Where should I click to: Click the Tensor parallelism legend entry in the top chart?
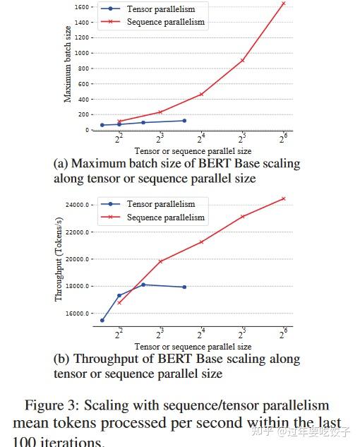coord(160,9)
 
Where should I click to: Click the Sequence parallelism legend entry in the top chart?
coord(165,22)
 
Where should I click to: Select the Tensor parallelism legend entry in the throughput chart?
coord(160,205)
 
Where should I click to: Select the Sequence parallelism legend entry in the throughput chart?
coord(165,217)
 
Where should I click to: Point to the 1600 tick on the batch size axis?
coord(81,7)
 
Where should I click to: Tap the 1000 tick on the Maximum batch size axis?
coord(81,53)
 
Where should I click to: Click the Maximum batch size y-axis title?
coord(68,64)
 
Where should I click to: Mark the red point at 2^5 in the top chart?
coord(242,60)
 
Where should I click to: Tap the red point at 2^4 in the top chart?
coord(201,94)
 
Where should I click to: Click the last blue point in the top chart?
coord(184,121)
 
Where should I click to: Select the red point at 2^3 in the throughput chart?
coord(160,261)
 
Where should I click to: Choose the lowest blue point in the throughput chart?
coord(102,320)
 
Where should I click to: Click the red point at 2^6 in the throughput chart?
coord(283,198)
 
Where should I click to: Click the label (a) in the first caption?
coord(61,164)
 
